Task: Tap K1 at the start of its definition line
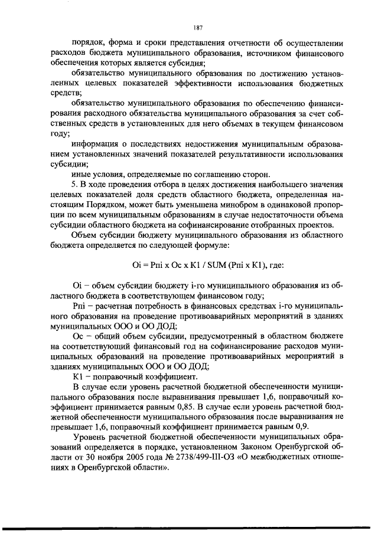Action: (77, 376)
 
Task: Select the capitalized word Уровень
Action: (89, 437)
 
